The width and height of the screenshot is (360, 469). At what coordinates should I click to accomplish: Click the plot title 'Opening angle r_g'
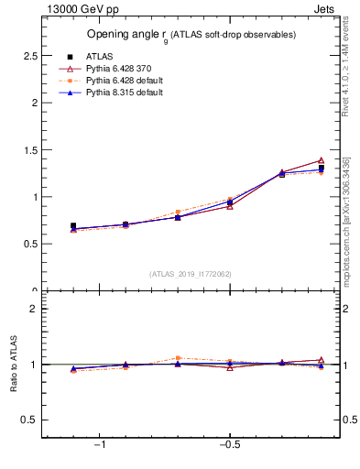coord(191,34)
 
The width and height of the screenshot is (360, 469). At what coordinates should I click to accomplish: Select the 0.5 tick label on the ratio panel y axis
coord(29,420)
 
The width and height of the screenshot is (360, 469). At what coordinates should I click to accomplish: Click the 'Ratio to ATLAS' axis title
coord(14,365)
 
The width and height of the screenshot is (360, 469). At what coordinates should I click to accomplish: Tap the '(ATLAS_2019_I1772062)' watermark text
coord(191,273)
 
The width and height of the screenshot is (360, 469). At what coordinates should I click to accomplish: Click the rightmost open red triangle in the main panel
coord(321,160)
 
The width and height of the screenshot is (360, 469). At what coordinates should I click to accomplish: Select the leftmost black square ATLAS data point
coord(73,225)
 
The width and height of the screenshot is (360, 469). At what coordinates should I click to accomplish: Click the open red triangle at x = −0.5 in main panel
coord(230,206)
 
